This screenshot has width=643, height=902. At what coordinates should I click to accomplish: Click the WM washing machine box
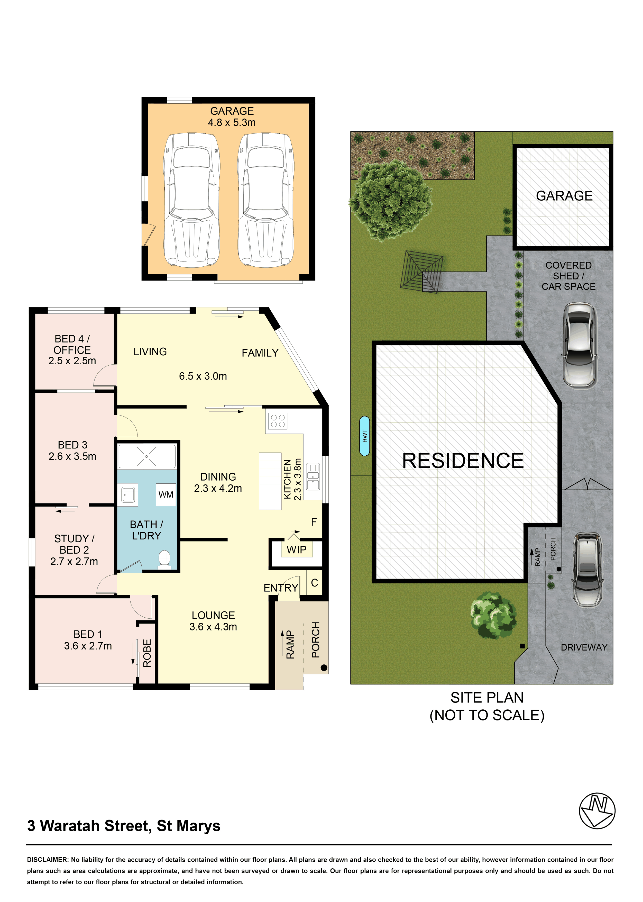coord(166,494)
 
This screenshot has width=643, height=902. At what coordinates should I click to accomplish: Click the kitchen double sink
coord(313,476)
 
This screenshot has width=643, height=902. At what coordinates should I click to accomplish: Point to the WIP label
coord(297,550)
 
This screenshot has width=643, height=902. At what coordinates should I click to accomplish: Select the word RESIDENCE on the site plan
coord(463,461)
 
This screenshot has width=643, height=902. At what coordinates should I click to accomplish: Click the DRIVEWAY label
coord(584,647)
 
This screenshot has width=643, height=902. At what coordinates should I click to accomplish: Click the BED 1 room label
coord(88,634)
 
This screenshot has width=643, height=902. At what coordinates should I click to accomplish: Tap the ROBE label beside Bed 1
coord(147,653)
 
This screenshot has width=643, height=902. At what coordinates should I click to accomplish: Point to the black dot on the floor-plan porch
coord(324,668)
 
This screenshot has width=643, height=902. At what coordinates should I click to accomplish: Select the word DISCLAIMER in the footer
coord(48,860)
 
